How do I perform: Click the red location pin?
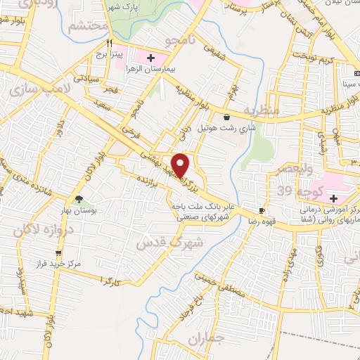coord(181,166)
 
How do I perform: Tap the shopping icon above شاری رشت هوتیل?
coord(226,117)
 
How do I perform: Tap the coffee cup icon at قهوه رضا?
coord(262,210)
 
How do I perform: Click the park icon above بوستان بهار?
coord(79,199)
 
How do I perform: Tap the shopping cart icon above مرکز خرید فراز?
coord(59,255)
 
